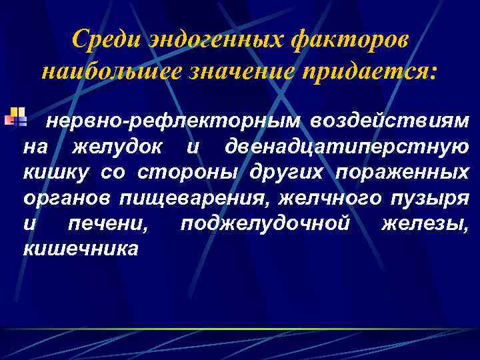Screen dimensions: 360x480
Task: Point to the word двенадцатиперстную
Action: [347, 147]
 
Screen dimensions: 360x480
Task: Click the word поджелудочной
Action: [265, 224]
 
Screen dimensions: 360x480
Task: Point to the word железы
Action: [425, 224]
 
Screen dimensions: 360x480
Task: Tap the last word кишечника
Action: [80, 249]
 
